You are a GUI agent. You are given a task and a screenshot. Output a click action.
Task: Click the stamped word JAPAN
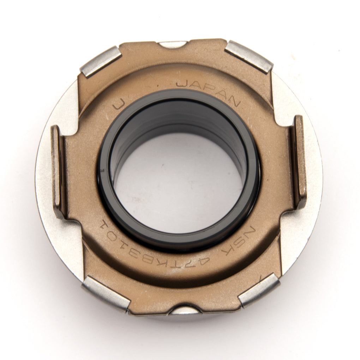click(x=208, y=91)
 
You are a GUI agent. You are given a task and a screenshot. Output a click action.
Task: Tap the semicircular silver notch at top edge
click(x=172, y=44)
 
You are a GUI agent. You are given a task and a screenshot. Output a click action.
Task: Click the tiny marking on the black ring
click(x=102, y=171)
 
